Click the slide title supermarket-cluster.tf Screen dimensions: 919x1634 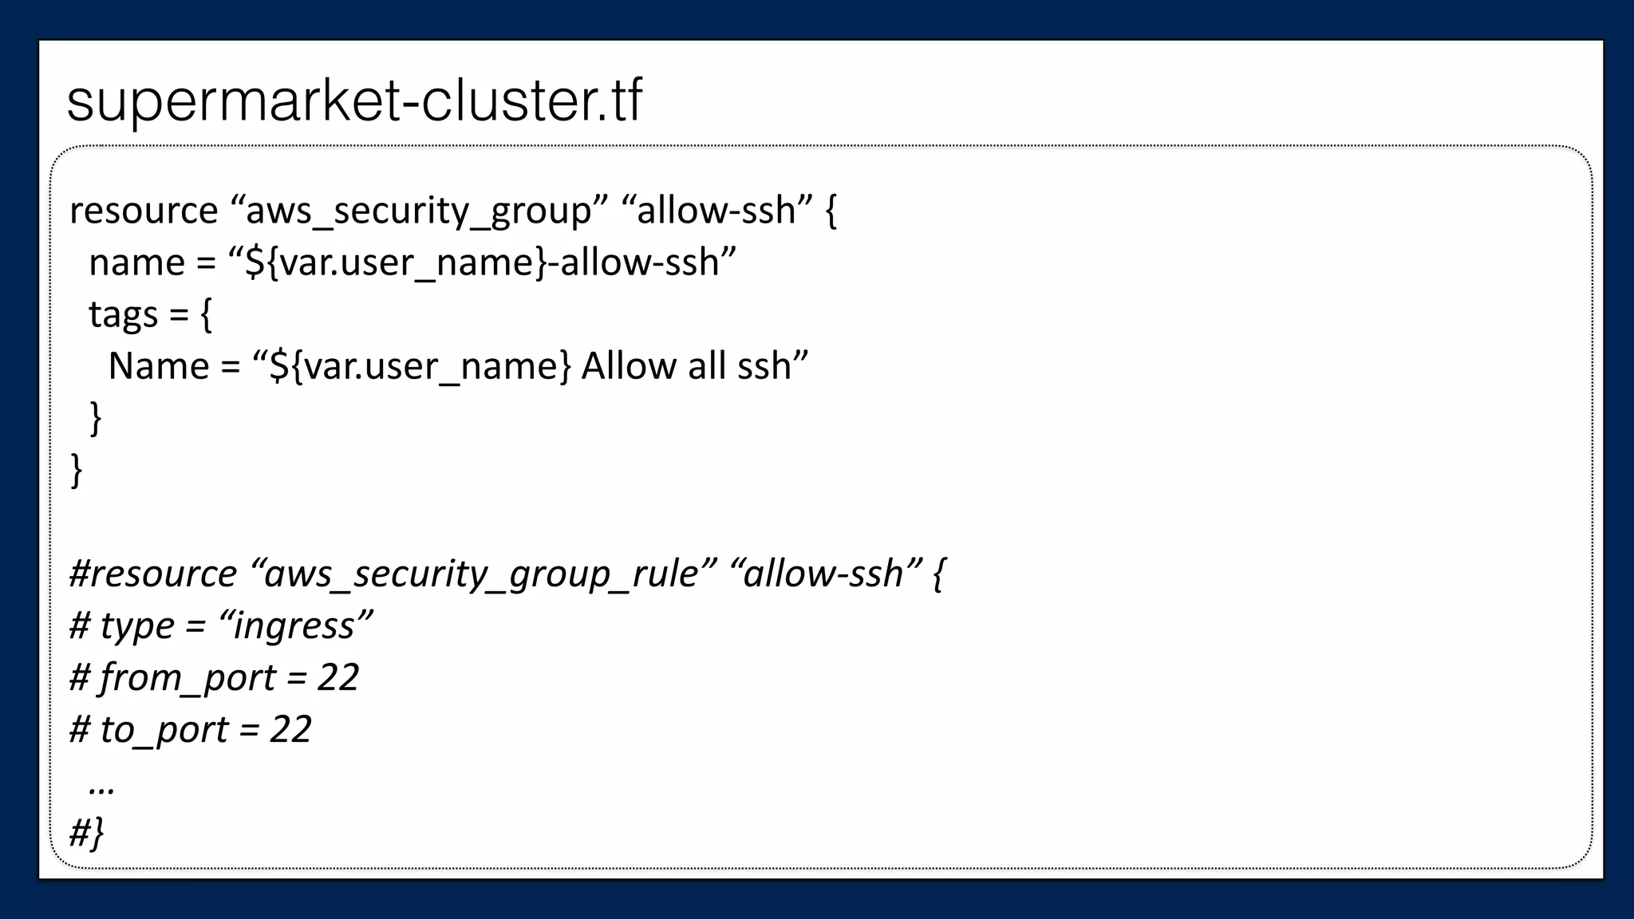[354, 101]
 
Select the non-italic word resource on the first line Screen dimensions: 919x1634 [144, 211]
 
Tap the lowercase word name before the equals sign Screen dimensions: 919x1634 [136, 262]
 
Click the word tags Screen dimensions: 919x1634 [123, 315]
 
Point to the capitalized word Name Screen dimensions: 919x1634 [158, 366]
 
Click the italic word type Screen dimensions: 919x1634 [136, 625]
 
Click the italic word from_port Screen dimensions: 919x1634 [187, 677]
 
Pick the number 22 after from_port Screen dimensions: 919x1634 [337, 677]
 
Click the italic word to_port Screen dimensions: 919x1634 [164, 729]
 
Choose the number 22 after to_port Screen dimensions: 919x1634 [290, 729]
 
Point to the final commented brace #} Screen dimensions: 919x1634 [86, 834]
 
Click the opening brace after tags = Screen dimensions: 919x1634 [206, 315]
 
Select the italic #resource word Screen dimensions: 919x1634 [153, 574]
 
